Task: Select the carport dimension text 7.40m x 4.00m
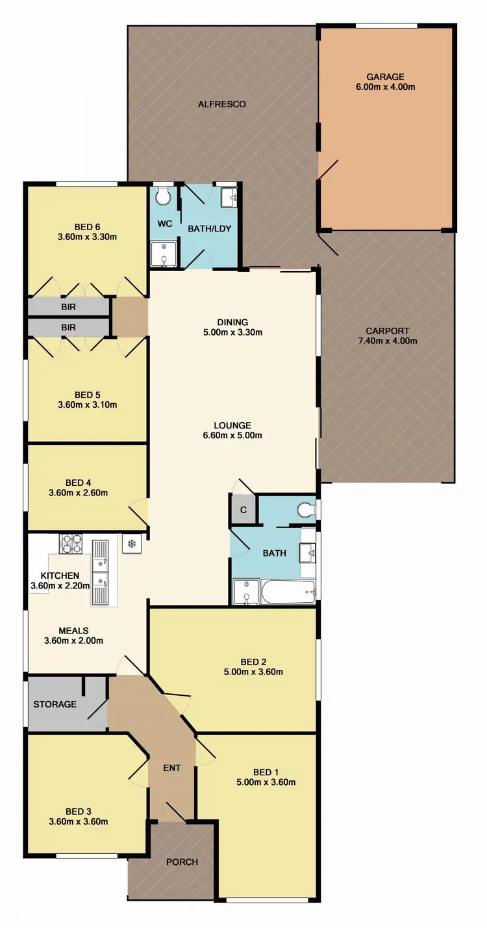387,341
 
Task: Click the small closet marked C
243,510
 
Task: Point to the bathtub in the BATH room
288,590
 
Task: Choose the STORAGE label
55,704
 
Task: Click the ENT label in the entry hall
171,768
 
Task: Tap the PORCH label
182,862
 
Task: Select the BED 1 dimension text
266,782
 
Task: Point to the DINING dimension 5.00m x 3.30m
233,333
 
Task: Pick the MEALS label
73,630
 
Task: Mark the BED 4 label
78,483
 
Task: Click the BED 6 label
87,226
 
